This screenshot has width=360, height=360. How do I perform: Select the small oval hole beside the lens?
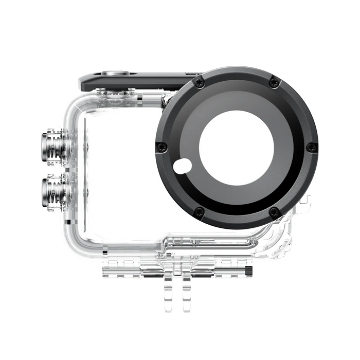[182, 166]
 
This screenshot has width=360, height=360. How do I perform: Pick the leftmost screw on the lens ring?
[162, 147]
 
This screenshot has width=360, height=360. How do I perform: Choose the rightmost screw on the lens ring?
[312, 147]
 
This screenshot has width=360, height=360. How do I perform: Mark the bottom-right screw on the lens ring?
[275, 211]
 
